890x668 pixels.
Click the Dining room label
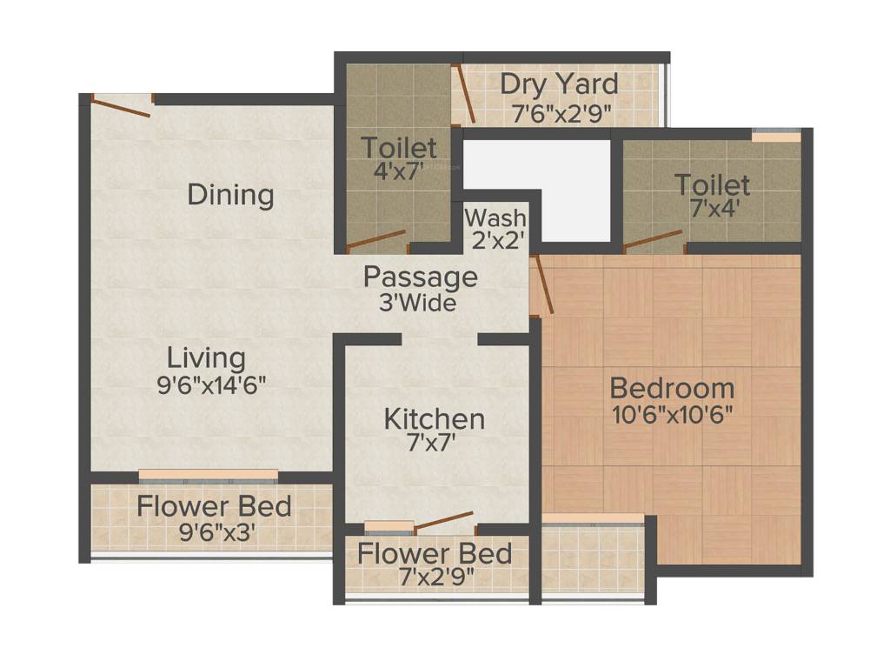(x=230, y=195)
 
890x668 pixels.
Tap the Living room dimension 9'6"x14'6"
(x=211, y=385)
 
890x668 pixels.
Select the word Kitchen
(x=435, y=419)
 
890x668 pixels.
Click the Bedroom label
(x=672, y=388)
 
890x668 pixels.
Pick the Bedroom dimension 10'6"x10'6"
(x=672, y=414)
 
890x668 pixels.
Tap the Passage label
(x=420, y=277)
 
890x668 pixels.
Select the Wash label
(x=495, y=217)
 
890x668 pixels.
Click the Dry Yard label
(x=559, y=84)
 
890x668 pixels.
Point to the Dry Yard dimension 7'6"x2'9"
(x=561, y=112)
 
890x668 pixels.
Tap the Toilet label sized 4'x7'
(x=399, y=146)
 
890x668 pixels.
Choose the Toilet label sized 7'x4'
(x=712, y=184)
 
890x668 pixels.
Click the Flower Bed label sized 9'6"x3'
(x=214, y=506)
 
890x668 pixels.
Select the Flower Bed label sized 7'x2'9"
(x=435, y=553)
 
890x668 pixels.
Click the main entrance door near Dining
(x=121, y=107)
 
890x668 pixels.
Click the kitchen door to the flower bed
(x=443, y=521)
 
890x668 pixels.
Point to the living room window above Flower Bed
(x=209, y=475)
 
